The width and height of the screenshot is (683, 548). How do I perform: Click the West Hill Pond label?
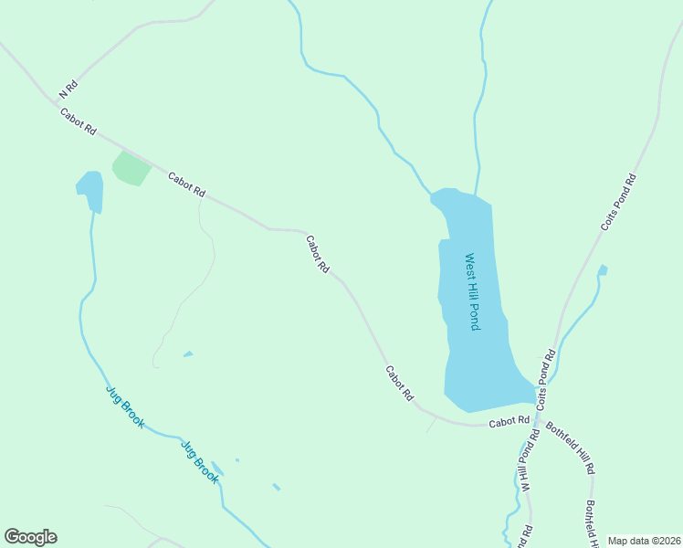pyautogui.click(x=472, y=291)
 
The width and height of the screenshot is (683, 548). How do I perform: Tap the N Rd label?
pyautogui.click(x=68, y=90)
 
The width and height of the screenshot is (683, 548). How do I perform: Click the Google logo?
pyautogui.click(x=30, y=537)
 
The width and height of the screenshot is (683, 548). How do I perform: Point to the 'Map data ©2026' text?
pyautogui.click(x=644, y=541)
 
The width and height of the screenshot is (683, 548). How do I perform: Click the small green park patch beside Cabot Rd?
pyautogui.click(x=131, y=168)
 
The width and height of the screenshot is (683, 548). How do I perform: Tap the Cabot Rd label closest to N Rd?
pyautogui.click(x=78, y=122)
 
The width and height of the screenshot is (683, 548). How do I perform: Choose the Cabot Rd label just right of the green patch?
pyautogui.click(x=187, y=185)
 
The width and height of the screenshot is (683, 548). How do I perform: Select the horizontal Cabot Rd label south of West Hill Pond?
pyautogui.click(x=509, y=422)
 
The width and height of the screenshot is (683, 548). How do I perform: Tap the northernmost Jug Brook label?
pyautogui.click(x=124, y=407)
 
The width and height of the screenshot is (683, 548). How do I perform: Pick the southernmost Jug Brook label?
pyautogui.click(x=200, y=462)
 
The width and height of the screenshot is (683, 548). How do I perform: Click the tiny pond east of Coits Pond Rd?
pyautogui.click(x=602, y=269)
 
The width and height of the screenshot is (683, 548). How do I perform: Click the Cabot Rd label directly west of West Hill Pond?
pyautogui.click(x=318, y=255)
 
